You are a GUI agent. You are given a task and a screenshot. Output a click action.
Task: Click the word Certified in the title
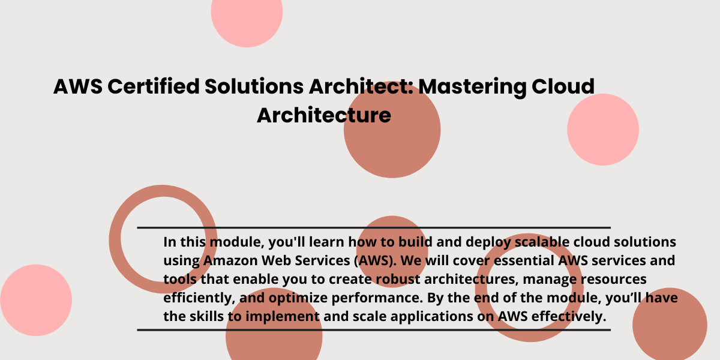coord(154,86)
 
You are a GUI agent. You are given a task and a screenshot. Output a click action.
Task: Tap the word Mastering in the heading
coord(472,88)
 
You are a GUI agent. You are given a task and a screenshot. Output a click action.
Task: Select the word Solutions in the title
coord(254,86)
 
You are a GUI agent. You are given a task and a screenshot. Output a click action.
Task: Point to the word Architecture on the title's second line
coord(324,115)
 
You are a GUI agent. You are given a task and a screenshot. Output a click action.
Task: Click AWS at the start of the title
coord(78,86)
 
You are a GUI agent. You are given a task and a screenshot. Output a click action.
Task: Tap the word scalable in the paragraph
coord(542,242)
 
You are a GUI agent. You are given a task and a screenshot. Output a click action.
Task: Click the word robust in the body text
coord(398,279)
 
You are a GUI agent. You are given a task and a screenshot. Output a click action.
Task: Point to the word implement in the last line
coord(283,317)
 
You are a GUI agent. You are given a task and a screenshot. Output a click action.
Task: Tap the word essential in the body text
coord(524,260)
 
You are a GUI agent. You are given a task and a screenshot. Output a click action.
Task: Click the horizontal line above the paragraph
coord(374,227)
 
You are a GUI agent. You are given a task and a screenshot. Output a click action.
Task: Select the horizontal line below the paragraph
coord(374,330)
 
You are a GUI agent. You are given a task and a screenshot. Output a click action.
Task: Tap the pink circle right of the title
coord(603,130)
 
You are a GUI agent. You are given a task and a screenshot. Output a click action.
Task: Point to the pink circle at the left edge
coord(36,300)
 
